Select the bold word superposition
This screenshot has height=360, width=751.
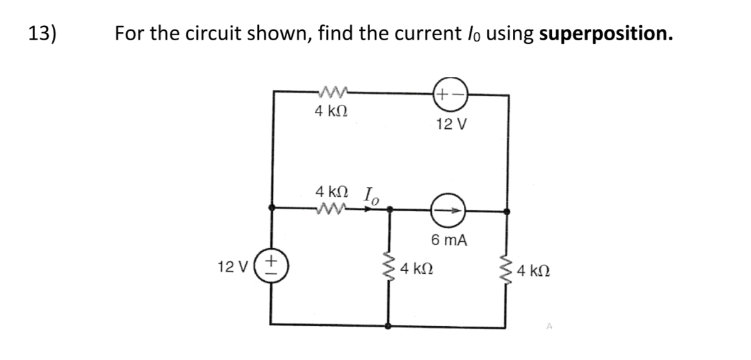[x=605, y=33]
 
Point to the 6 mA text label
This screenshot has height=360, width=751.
[x=449, y=239]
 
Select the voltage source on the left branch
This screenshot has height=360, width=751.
[x=271, y=265]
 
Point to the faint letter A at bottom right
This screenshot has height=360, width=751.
[x=549, y=326]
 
